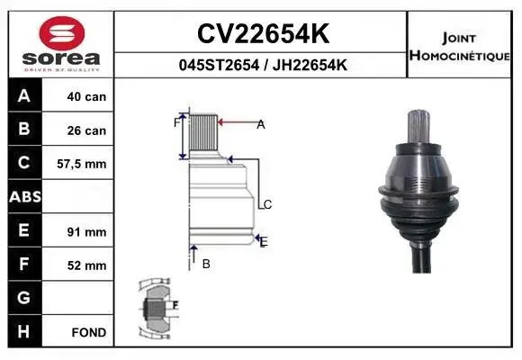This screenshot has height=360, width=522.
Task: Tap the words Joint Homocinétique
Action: click(462, 46)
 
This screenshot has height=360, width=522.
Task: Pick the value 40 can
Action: click(86, 96)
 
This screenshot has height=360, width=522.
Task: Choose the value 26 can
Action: click(86, 130)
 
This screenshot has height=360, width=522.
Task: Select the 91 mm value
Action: click(86, 231)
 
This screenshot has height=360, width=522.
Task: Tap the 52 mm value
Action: click(86, 265)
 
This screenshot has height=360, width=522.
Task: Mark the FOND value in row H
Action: click(89, 332)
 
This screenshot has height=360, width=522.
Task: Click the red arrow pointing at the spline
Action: click(236, 123)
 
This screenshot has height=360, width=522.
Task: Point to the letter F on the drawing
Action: click(176, 122)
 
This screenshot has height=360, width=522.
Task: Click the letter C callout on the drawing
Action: click(267, 205)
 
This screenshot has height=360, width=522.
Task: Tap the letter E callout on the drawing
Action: click(264, 241)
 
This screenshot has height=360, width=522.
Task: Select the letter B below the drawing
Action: click(206, 264)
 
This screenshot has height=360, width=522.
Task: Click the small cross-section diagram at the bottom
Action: click(157, 309)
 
